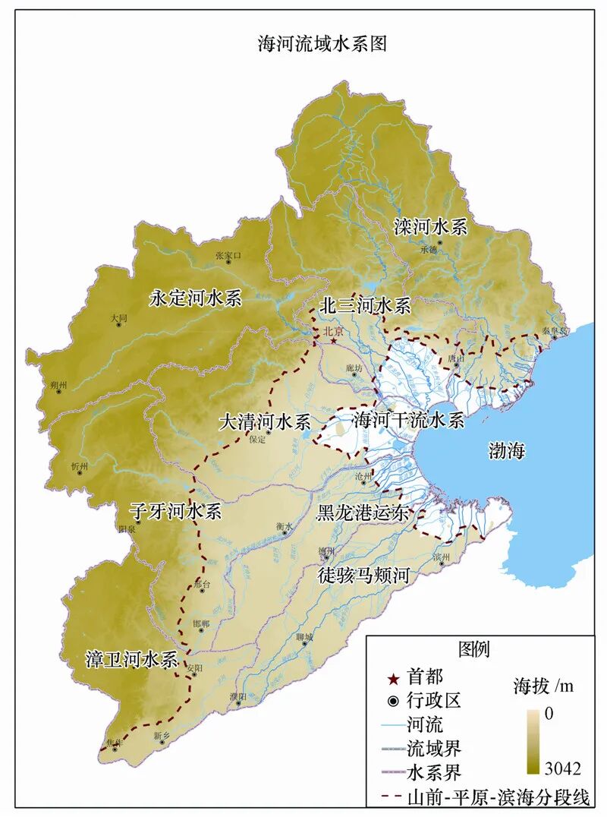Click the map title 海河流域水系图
click(322, 44)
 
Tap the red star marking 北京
click(333, 341)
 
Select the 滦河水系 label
click(430, 227)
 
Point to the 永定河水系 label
click(195, 298)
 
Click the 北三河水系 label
click(365, 306)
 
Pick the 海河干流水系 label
click(407, 420)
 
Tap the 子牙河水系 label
click(175, 511)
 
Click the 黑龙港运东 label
click(363, 513)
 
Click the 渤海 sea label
click(505, 452)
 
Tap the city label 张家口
click(228, 256)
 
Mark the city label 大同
click(118, 319)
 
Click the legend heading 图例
click(474, 649)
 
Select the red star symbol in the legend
click(393, 676)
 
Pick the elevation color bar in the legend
click(535, 741)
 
